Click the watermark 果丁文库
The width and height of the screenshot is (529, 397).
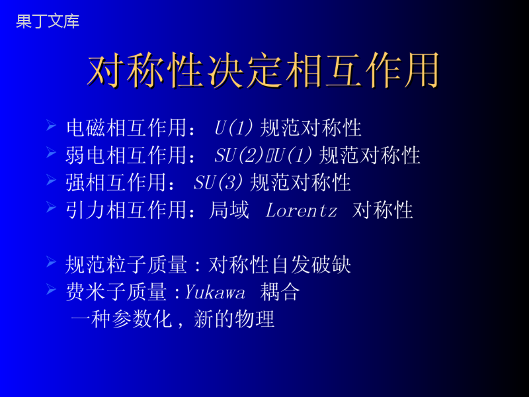pyautogui.click(x=48, y=21)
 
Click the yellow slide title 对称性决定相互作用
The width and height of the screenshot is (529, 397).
pyautogui.click(x=263, y=71)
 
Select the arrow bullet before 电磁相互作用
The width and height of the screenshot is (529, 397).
pyautogui.click(x=52, y=125)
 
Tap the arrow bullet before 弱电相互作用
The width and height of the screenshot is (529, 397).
pyautogui.click(x=52, y=153)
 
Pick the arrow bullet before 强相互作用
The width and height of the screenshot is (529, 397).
pyautogui.click(x=52, y=180)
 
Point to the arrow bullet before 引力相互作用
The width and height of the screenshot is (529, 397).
pyautogui.click(x=52, y=207)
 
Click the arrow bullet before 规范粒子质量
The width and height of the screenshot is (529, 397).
pyautogui.click(x=52, y=261)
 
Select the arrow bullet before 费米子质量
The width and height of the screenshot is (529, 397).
pyautogui.click(x=52, y=289)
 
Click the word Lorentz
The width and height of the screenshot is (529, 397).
pyautogui.click(x=302, y=210)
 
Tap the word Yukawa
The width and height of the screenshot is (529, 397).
pyautogui.click(x=214, y=292)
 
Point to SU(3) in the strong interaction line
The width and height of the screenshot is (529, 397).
pyautogui.click(x=218, y=183)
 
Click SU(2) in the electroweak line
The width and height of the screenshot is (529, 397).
pyautogui.click(x=239, y=155)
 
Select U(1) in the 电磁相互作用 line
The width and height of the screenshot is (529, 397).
pyautogui.click(x=233, y=128)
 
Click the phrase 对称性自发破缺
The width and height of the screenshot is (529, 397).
pyautogui.click(x=280, y=264)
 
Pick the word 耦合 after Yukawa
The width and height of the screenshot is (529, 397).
pyautogui.click(x=280, y=292)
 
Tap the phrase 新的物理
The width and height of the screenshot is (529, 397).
pyautogui.click(x=234, y=319)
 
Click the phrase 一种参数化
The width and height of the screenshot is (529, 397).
pyautogui.click(x=122, y=319)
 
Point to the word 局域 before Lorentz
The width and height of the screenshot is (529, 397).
pyautogui.click(x=229, y=210)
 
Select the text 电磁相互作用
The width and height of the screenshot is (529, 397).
pyautogui.click(x=126, y=128)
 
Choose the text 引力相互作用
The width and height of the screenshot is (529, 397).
pyautogui.click(x=126, y=210)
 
